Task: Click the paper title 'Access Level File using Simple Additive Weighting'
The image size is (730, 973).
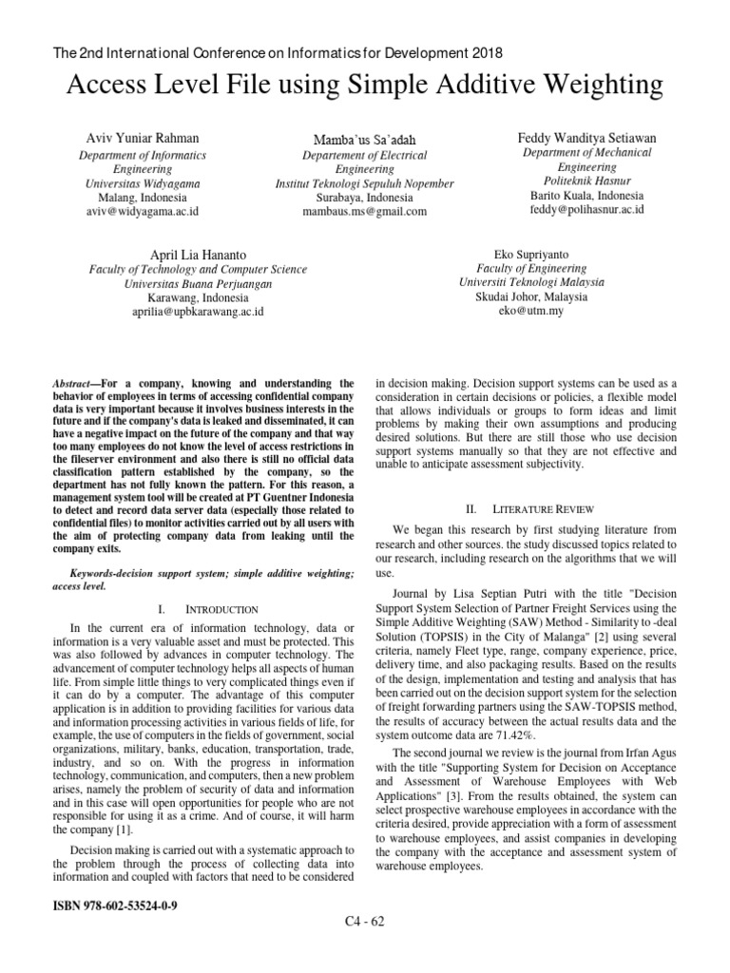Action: click(x=365, y=86)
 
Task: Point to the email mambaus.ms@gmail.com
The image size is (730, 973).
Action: click(x=364, y=212)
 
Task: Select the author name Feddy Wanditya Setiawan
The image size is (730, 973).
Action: click(x=586, y=137)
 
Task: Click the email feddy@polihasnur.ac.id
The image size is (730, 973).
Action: click(x=586, y=208)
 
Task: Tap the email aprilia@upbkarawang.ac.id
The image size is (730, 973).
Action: click(x=198, y=311)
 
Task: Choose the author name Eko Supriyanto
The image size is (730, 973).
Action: click(x=530, y=254)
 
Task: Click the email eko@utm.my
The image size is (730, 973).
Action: click(x=530, y=311)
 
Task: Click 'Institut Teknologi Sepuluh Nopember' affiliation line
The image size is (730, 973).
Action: click(x=364, y=183)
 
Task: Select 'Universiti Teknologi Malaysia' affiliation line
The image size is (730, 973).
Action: click(x=530, y=282)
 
